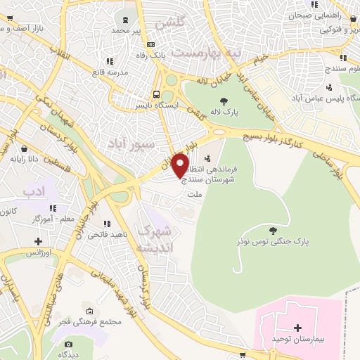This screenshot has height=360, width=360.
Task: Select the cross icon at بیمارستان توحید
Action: click(297, 328)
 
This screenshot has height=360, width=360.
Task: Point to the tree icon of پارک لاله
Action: click(224, 102)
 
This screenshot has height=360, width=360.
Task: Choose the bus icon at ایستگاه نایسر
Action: click(157, 94)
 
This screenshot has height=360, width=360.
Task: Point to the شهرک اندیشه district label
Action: click(155, 239)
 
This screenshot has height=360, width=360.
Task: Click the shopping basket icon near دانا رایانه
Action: click(25, 149)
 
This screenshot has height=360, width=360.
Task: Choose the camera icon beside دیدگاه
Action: click(67, 344)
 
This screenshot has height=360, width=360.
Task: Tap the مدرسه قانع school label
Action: click(109, 72)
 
